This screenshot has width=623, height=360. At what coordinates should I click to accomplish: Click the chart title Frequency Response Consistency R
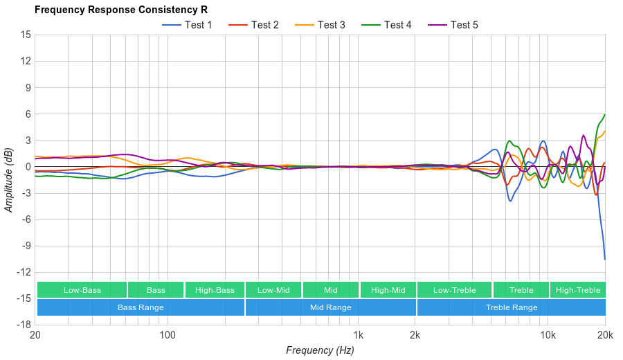[x=120, y=10]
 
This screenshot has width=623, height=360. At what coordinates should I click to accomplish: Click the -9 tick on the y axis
[x=24, y=246]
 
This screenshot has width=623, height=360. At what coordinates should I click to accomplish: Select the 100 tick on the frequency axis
[x=168, y=335]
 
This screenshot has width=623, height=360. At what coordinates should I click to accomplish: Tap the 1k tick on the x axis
[x=358, y=335]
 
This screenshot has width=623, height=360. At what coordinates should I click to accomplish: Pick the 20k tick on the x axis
[x=605, y=335]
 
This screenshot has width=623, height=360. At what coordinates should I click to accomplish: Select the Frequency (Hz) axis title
[x=320, y=350]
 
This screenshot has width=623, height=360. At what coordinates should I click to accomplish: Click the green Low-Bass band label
[x=82, y=290]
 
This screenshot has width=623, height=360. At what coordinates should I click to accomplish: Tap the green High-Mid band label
[x=388, y=290]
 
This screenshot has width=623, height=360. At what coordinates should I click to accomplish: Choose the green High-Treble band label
[x=578, y=290]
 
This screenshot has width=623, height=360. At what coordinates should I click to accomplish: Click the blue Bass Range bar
[x=141, y=307]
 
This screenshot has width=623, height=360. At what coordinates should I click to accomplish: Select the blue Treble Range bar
[x=512, y=307]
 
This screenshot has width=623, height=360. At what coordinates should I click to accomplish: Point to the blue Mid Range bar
[x=330, y=307]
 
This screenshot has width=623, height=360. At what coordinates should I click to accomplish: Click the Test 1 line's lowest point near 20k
[x=604, y=259]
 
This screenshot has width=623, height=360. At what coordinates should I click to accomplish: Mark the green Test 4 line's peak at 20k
[x=604, y=115]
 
